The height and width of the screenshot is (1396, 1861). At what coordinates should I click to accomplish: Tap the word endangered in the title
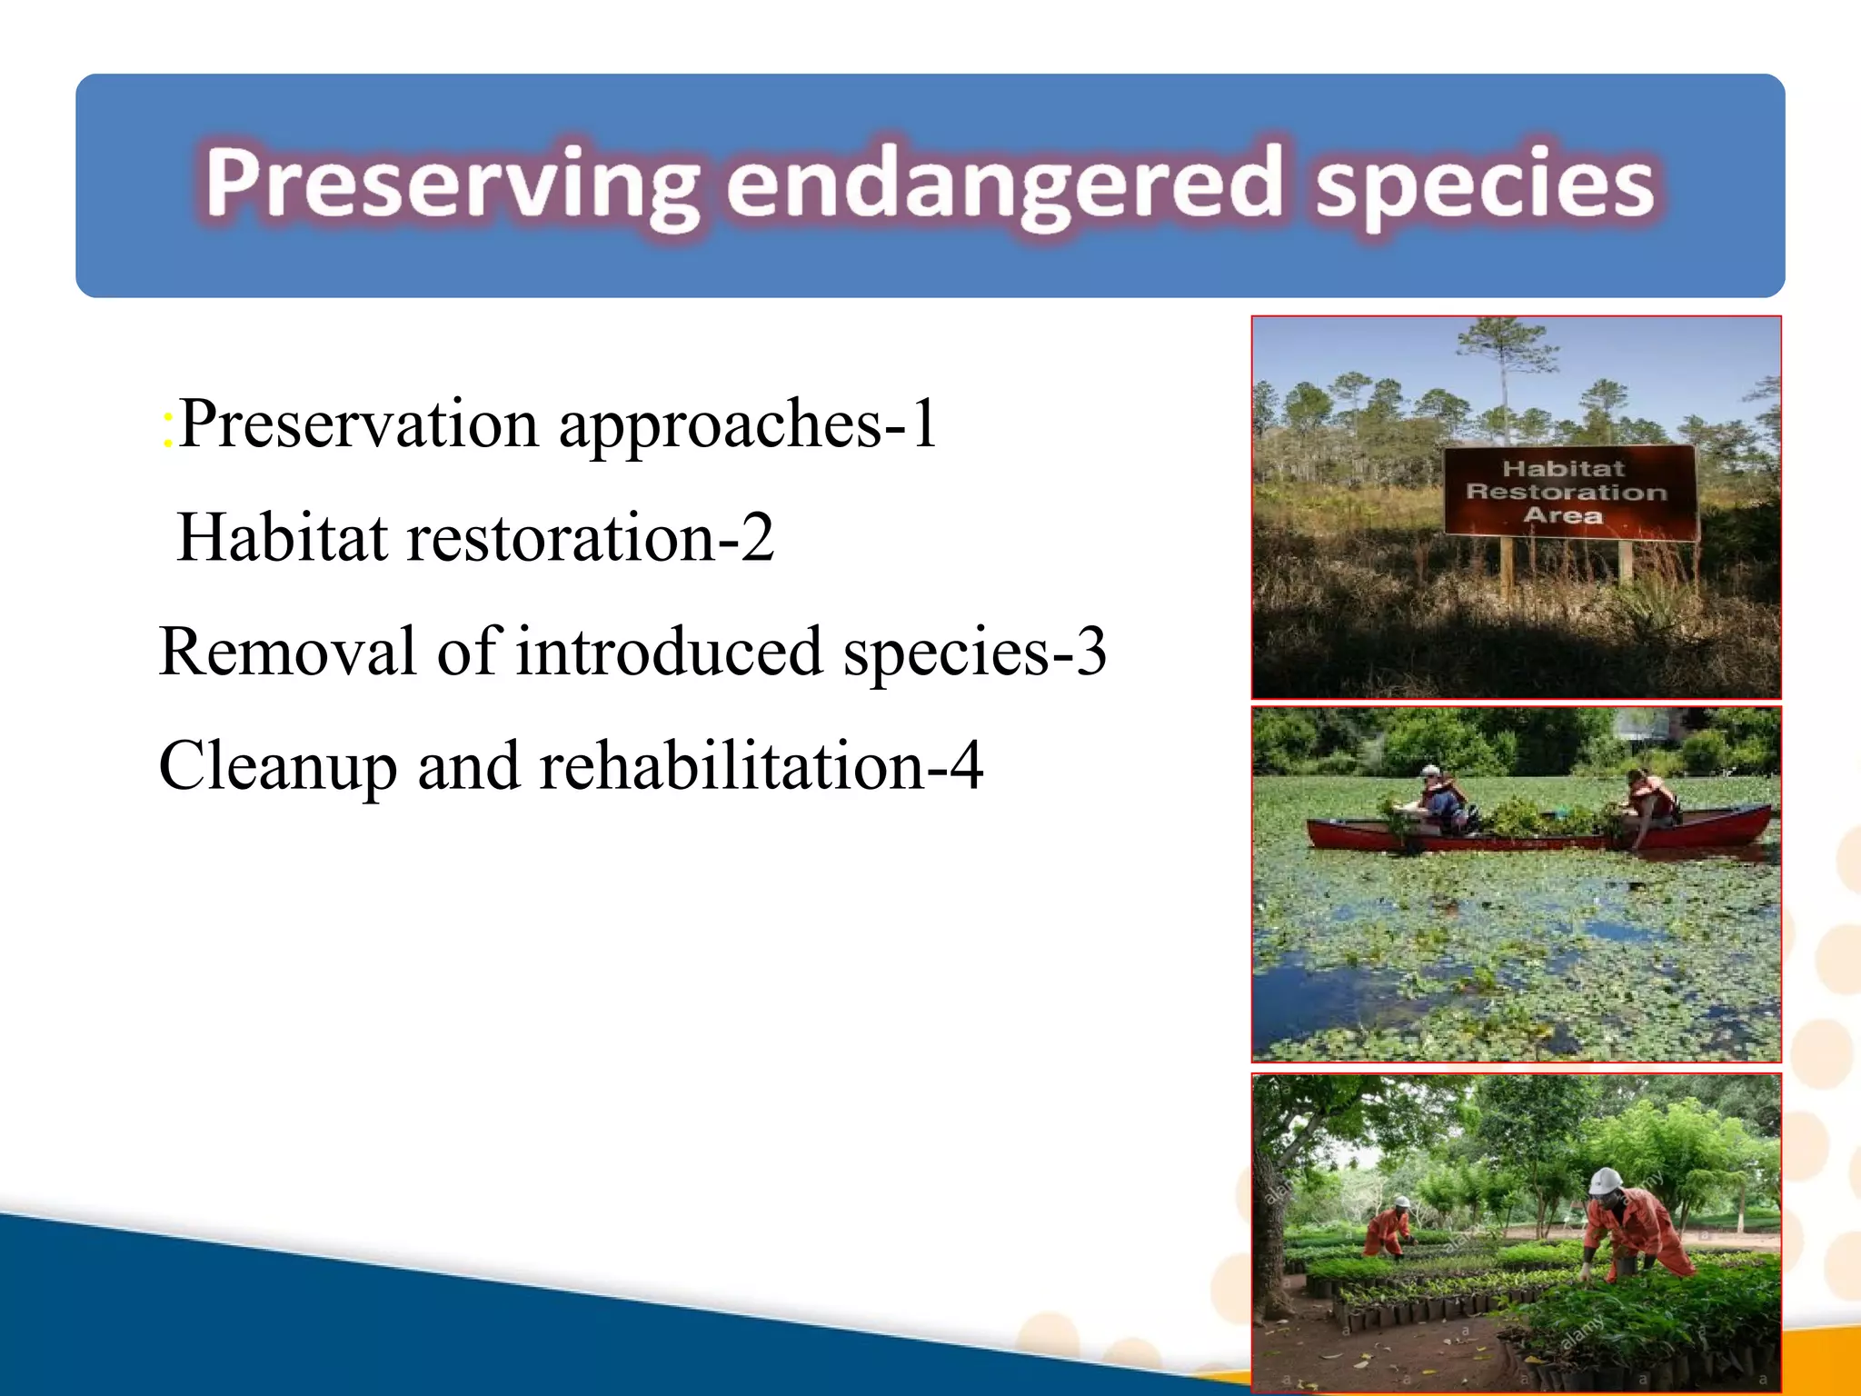pos(1004,185)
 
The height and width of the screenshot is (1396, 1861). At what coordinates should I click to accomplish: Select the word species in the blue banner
pos(1485,185)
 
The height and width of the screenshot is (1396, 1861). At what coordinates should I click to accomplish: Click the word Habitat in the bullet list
pos(283,537)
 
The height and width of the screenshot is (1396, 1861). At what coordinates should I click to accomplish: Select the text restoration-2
pos(591,537)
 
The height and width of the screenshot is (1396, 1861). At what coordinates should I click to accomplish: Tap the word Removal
pos(287,652)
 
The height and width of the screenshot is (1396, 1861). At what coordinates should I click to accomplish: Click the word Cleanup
pos(277,766)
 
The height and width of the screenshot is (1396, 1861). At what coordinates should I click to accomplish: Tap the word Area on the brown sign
pos(1563,515)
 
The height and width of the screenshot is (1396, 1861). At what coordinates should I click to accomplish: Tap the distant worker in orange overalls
pos(1388,1227)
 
